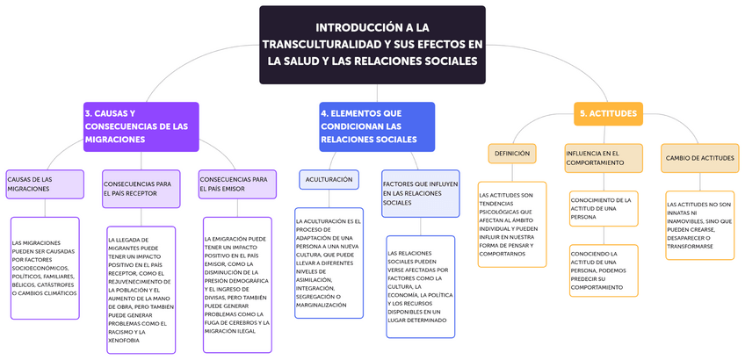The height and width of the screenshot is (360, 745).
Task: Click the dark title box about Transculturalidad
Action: click(372, 45)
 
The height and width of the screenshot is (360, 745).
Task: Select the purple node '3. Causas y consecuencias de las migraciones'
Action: click(141, 126)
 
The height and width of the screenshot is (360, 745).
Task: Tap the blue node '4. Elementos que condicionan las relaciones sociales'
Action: click(376, 126)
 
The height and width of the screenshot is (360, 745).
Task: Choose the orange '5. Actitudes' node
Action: click(609, 114)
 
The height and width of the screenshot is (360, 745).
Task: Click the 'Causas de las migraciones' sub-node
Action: click(44, 184)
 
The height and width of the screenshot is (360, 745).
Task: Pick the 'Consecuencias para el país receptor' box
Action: click(141, 188)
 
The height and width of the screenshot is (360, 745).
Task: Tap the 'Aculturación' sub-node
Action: click(329, 180)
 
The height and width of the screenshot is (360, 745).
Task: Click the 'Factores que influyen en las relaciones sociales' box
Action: click(420, 193)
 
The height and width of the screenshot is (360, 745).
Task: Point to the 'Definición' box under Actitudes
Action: click(512, 154)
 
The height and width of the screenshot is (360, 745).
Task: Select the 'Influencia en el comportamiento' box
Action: click(603, 158)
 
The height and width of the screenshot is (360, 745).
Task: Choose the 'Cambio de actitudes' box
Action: click(699, 158)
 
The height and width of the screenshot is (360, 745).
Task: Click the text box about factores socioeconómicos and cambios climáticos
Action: click(45, 268)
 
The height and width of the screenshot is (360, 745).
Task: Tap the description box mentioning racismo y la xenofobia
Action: click(141, 289)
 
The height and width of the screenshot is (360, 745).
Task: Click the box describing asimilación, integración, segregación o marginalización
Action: click(329, 263)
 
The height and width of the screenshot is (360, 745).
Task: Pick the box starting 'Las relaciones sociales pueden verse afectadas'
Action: click(420, 285)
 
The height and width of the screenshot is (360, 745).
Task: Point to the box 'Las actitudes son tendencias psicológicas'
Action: click(512, 224)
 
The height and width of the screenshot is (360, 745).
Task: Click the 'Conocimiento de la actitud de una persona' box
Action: click(603, 209)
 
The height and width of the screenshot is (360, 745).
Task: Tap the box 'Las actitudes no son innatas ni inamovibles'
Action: click(699, 224)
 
